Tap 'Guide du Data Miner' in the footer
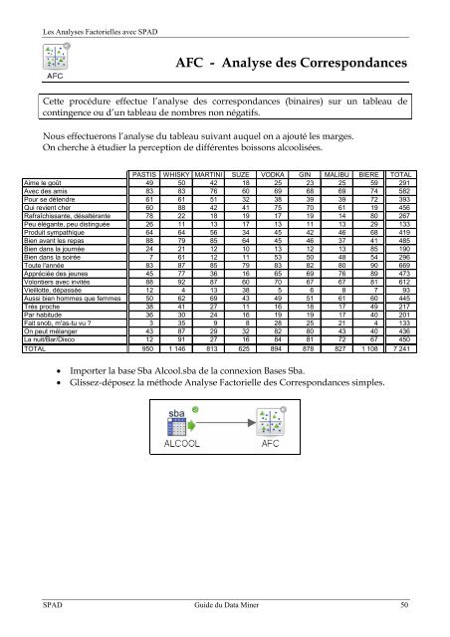point(225,603)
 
